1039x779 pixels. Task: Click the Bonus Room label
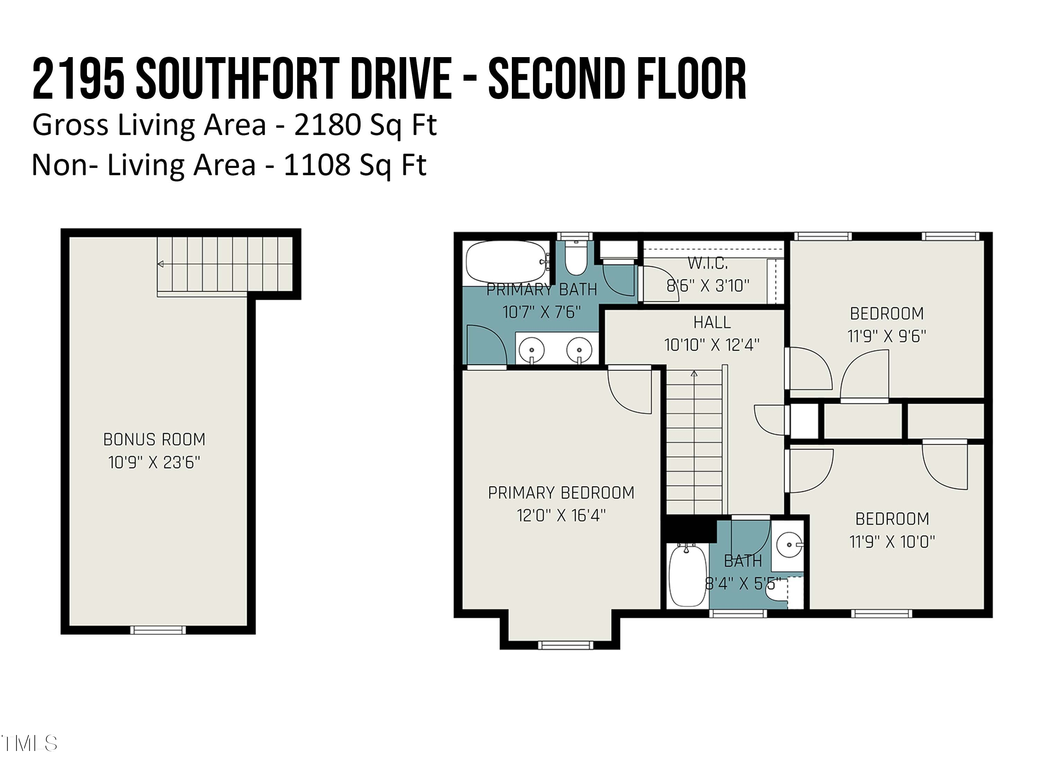[154, 439]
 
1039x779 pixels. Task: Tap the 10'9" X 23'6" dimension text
[154, 463]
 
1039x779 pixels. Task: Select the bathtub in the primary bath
[506, 262]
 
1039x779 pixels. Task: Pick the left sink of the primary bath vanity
[532, 350]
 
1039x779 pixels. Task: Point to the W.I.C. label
[708, 263]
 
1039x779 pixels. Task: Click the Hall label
[712, 323]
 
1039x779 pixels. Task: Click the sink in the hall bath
[789, 545]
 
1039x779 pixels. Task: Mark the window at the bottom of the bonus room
[158, 630]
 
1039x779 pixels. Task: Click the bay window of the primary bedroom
[565, 645]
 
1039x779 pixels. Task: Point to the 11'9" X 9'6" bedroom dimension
[886, 336]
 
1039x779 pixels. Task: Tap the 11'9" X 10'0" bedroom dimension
[892, 542]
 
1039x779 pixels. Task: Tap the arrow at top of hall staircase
[694, 374]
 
